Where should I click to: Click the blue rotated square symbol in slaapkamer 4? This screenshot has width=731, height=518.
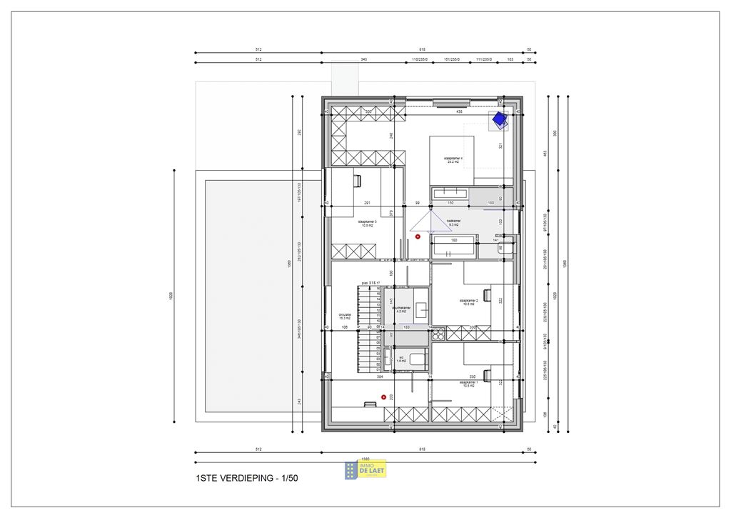point(498,120)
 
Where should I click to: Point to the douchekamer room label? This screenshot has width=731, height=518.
point(401,309)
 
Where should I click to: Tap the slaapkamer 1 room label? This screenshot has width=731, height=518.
point(468,384)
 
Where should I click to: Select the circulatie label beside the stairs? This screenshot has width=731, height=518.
point(345,316)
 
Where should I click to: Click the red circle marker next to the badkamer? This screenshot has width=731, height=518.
point(418,236)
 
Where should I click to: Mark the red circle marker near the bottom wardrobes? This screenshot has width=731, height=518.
point(383,397)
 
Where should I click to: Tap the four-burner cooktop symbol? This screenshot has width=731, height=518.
point(437,333)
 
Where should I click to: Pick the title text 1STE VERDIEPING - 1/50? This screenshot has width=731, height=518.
point(246,478)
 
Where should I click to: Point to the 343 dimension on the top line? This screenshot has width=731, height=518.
point(363,59)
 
